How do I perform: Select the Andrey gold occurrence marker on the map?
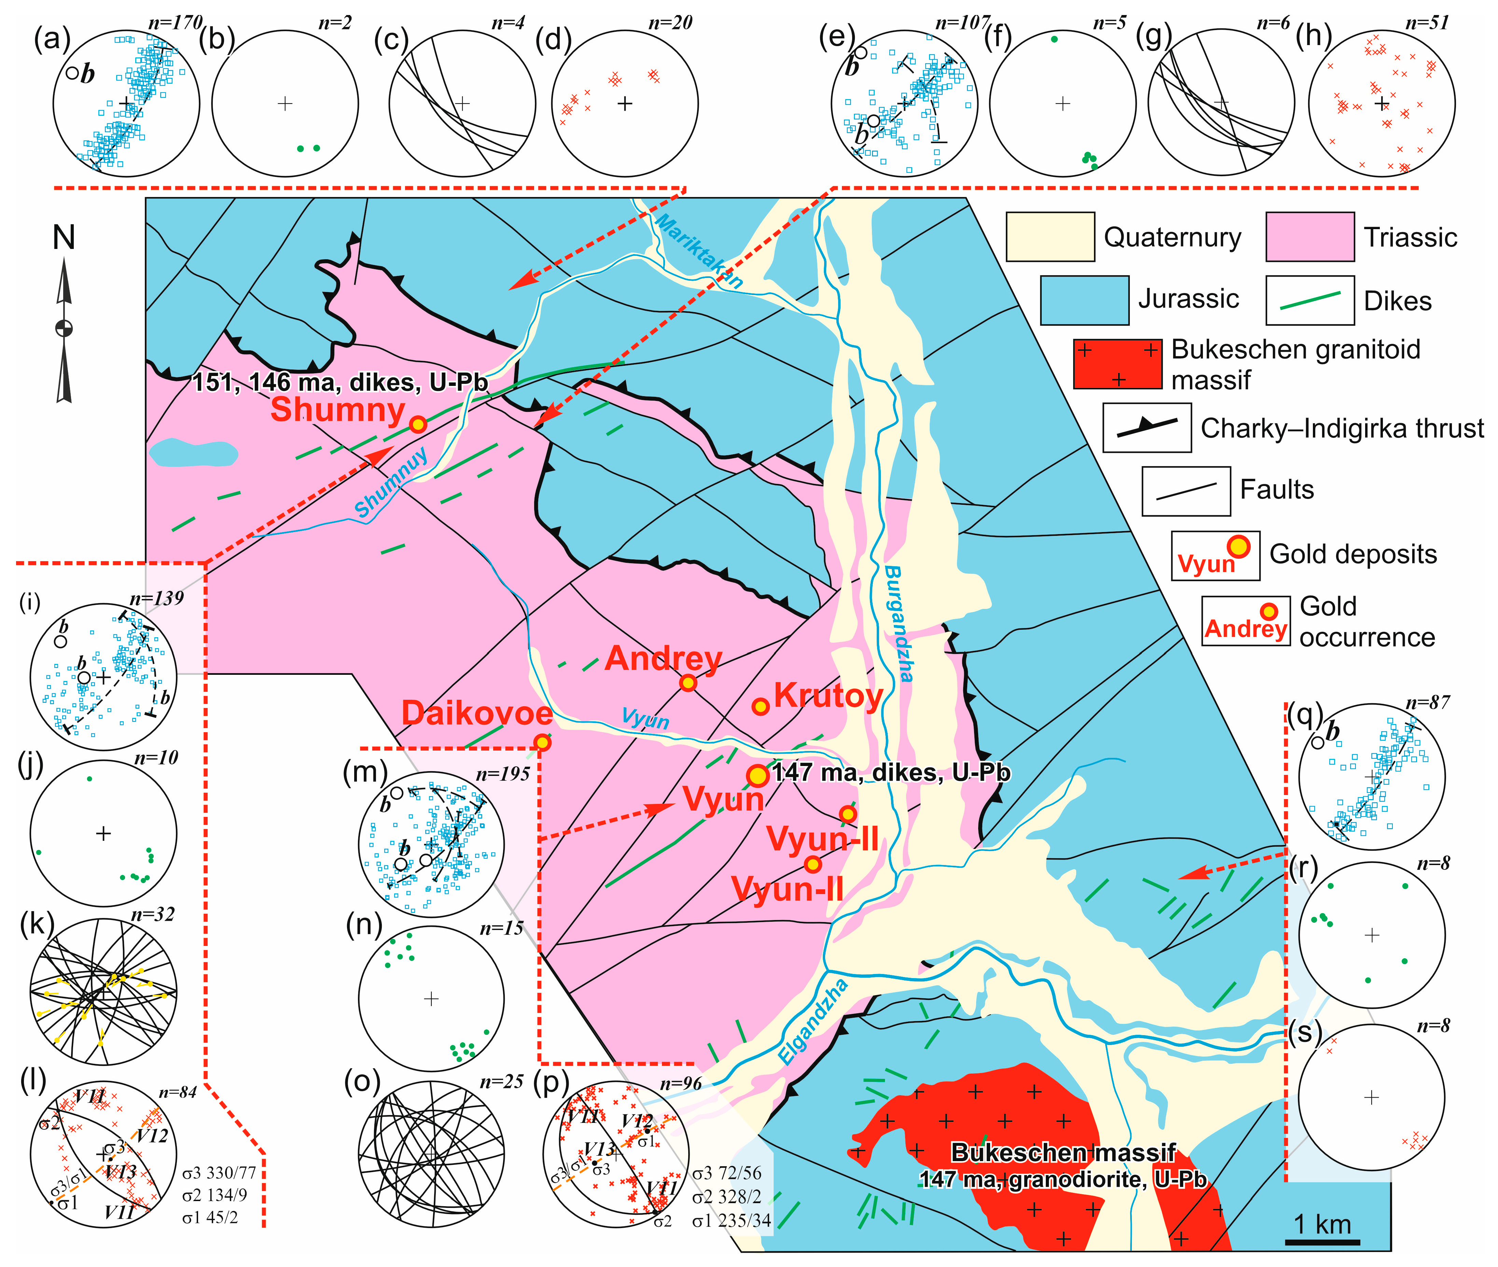click(688, 683)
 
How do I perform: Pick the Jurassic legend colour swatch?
click(1084, 300)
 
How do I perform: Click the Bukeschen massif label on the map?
click(1063, 1153)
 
